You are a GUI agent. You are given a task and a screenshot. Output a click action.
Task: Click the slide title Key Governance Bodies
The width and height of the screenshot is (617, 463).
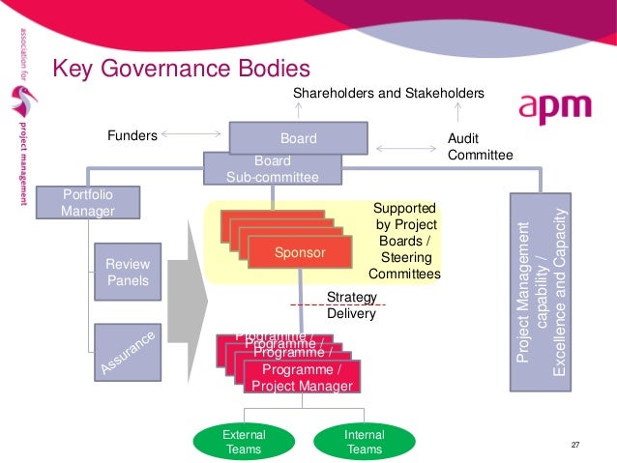(181, 70)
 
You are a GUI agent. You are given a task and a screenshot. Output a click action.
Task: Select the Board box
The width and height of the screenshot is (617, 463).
(298, 138)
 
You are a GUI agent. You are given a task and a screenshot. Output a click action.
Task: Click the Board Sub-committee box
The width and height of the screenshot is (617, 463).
(272, 168)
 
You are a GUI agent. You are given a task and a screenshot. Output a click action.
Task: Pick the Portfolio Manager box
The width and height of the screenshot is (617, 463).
(87, 202)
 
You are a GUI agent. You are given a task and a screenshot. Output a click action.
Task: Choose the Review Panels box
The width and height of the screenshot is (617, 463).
(127, 272)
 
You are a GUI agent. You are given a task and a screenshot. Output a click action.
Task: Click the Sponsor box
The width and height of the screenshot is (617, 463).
(300, 253)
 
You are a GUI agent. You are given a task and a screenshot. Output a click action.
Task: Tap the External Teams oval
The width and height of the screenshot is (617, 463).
(244, 442)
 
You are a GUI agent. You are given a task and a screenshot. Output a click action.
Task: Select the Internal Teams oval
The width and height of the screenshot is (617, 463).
(364, 442)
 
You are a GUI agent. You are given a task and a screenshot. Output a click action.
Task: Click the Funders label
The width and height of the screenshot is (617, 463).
(132, 136)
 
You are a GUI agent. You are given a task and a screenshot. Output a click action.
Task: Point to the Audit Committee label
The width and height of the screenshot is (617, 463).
(480, 147)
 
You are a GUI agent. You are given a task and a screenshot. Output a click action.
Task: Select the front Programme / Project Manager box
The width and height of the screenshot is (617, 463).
(303, 378)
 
